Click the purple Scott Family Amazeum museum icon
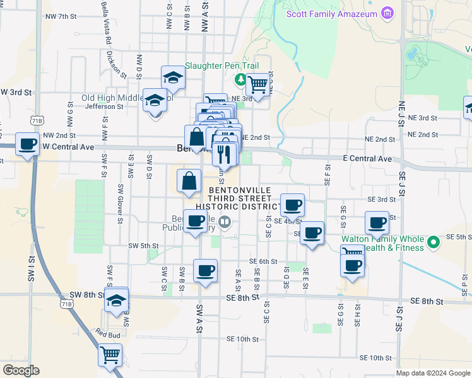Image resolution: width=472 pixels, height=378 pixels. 388,13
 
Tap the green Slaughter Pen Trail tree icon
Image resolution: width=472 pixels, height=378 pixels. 240,80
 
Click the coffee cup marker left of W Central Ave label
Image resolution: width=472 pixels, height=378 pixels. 27,144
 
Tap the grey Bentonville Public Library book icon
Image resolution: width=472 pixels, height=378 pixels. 224,222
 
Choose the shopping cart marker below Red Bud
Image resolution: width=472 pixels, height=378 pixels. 110,355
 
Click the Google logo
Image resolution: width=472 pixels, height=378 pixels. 20,370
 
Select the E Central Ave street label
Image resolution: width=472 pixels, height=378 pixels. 367,159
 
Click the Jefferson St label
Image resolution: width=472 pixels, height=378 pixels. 103,106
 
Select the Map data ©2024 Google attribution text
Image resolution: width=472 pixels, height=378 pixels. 434,373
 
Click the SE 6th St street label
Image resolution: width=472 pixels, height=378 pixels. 263,261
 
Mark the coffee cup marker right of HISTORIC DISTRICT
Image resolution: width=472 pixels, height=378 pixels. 292,205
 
